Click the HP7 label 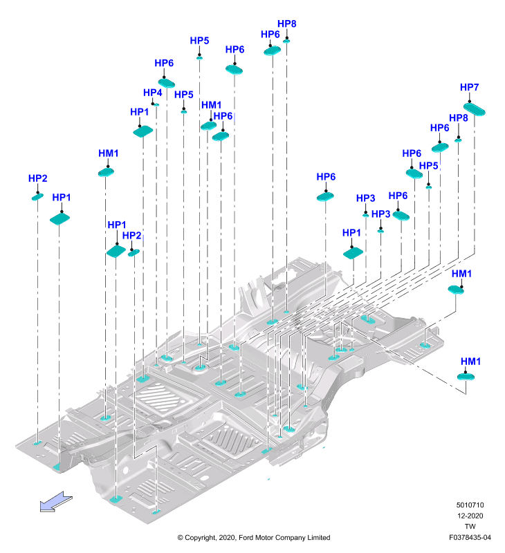(x=469, y=87)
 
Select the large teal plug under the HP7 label (x=474, y=109)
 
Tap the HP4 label (x=152, y=93)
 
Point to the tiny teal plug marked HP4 (x=156, y=105)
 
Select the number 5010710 (x=470, y=505)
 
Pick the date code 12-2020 (x=470, y=516)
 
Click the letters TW (x=470, y=526)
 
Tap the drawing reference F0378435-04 (x=470, y=538)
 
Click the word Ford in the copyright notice (x=246, y=538)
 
